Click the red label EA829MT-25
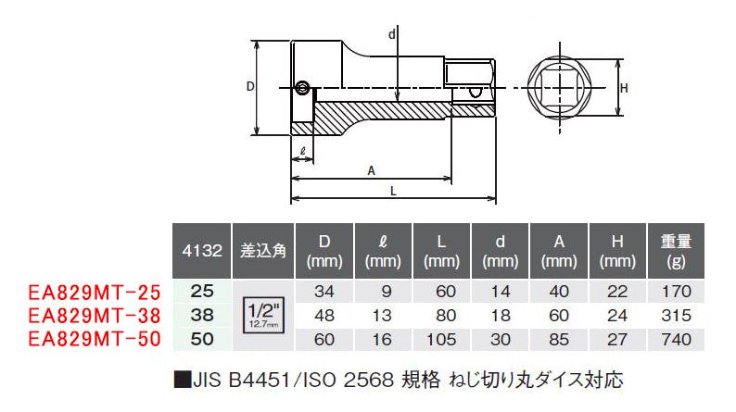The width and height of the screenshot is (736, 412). [95, 292]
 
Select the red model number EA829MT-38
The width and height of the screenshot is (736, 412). [95, 316]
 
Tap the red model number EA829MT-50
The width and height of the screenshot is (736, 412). [95, 339]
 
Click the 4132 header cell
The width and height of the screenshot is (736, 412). [202, 251]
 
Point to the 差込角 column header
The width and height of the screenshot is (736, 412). [263, 251]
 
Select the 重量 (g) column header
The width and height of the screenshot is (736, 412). [676, 251]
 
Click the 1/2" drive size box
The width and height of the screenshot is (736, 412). [264, 315]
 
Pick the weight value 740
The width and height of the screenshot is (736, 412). [676, 340]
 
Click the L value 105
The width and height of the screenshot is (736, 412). [441, 340]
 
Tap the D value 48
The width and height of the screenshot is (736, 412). [324, 316]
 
